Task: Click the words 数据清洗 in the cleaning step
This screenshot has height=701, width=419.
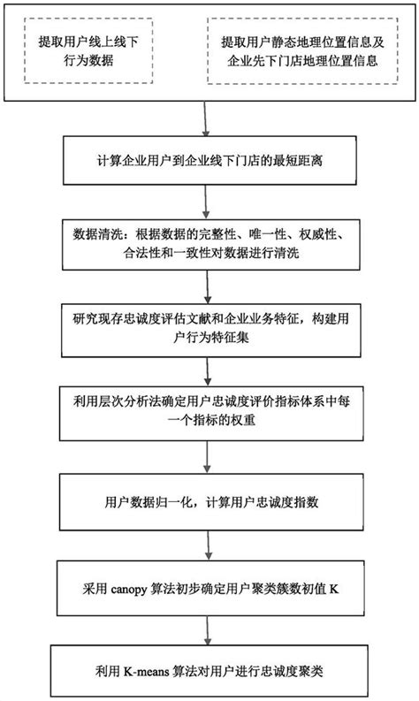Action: tap(98, 237)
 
